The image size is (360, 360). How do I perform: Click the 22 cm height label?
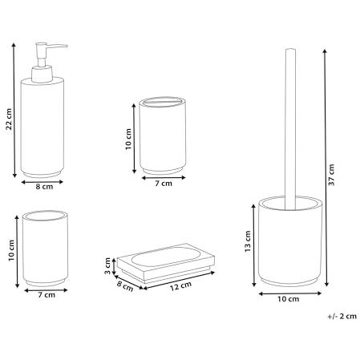pyautogui.click(x=9, y=119)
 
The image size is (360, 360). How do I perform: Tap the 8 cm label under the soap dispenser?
pyautogui.click(x=44, y=187)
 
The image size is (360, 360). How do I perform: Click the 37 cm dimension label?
pyautogui.click(x=331, y=175)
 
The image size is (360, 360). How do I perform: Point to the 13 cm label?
pyautogui.click(x=248, y=241)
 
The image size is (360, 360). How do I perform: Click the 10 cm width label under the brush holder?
pyautogui.click(x=288, y=299)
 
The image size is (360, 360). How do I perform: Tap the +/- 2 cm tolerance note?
pyautogui.click(x=342, y=316)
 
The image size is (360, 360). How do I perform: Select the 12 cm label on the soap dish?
pyautogui.click(x=181, y=286)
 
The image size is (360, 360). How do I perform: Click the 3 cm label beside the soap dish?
pyautogui.click(x=107, y=265)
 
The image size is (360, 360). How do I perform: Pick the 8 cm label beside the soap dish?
pyautogui.click(x=125, y=286)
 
